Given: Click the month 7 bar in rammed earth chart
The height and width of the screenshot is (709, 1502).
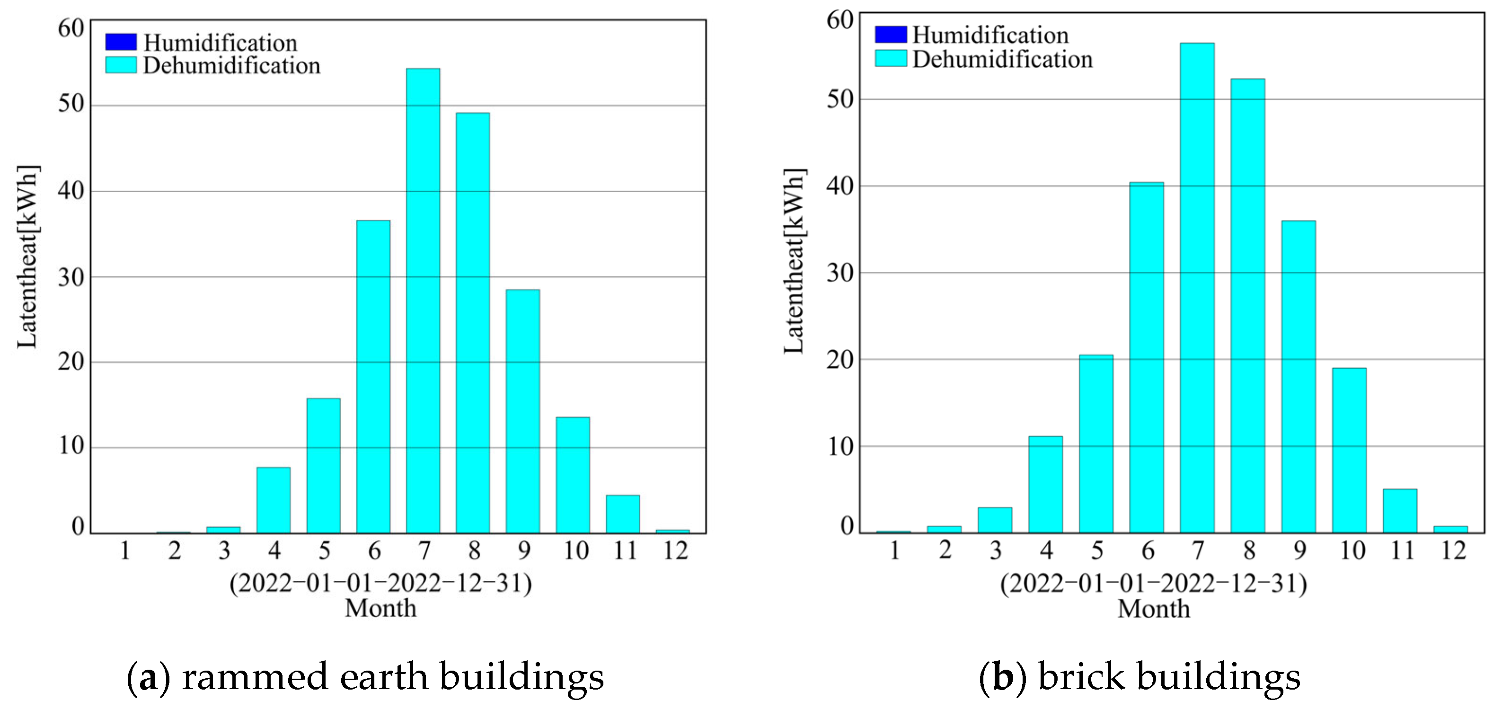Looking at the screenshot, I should click(424, 300).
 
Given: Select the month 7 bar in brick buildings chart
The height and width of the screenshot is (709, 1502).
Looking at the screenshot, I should click(1198, 288).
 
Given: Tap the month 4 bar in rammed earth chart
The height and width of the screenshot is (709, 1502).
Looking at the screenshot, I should click(274, 500).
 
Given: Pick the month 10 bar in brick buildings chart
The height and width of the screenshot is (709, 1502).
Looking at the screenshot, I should click(1349, 450).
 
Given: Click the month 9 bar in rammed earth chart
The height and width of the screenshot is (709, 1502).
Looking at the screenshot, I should click(523, 411).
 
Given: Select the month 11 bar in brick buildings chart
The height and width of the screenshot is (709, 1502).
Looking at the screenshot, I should click(1400, 511).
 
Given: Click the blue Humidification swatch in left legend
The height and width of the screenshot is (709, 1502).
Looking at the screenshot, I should click(121, 42).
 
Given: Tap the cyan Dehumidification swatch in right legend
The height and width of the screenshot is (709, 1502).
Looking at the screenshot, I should click(891, 58).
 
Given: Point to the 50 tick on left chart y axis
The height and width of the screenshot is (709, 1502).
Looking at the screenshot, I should click(71, 105).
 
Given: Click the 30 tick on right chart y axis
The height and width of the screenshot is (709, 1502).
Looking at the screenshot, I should click(840, 273).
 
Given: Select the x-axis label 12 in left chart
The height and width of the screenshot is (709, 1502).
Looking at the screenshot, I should click(676, 550).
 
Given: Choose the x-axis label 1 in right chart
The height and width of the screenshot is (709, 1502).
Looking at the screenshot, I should click(895, 550).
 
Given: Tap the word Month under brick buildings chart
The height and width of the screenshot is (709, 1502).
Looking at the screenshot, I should click(1153, 609).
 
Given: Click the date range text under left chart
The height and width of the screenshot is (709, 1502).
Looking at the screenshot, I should click(381, 584).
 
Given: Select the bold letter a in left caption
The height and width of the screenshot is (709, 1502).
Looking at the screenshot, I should click(149, 677).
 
